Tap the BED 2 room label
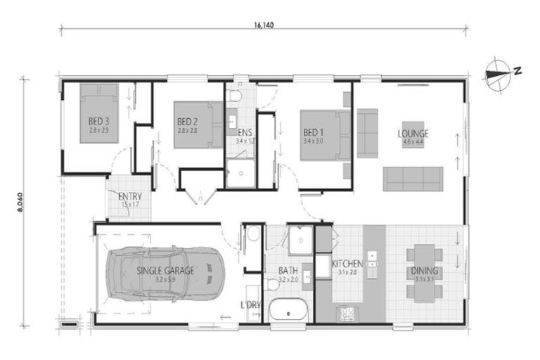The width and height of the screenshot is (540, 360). pos(186,121)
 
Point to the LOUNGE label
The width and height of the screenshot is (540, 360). pos(413,134)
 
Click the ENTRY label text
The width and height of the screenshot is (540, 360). pos(130,196)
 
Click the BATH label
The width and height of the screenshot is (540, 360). pos(288,269)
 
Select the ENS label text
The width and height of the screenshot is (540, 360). pos(245,131)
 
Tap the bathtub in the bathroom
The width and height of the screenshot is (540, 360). pos(288,310)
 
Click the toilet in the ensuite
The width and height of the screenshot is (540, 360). pos(236,94)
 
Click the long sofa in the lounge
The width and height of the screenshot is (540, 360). pos(413,178)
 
